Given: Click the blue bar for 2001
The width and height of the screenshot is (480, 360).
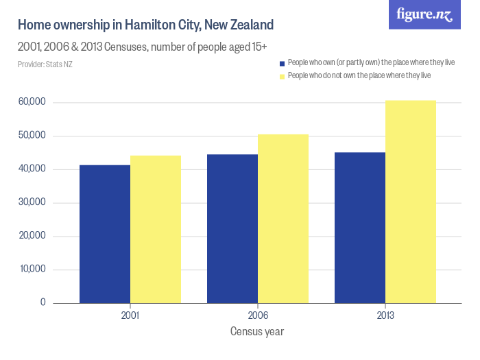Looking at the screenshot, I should point(105,234).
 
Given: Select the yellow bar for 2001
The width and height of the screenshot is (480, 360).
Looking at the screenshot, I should point(156,229).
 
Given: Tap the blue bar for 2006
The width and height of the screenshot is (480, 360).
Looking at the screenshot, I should point(232,228).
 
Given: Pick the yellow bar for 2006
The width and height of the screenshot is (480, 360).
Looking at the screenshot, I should point(283,219).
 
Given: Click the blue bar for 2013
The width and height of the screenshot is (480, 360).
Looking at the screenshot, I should point(360,228).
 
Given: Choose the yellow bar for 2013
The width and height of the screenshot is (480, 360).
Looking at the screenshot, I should point(411,202).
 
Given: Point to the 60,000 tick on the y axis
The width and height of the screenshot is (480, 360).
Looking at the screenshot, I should point(32,102).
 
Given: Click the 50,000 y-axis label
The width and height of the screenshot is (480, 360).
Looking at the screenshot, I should point(32,136).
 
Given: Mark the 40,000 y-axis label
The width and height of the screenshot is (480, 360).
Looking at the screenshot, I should point(32,169).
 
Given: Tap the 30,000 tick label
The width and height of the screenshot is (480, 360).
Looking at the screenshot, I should point(32,202).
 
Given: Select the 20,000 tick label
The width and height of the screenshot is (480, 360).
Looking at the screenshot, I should point(32,236).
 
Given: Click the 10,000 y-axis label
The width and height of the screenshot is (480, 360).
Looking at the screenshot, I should point(32,269).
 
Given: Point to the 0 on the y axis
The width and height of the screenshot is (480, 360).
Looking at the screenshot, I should point(43,302).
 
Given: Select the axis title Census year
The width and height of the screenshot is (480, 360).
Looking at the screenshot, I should point(257,332).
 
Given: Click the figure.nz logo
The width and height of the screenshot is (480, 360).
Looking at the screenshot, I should point(424,14).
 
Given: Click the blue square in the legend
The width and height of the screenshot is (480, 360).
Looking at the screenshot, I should point(282,62).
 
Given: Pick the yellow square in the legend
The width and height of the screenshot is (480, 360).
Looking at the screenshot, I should point(282,75).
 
